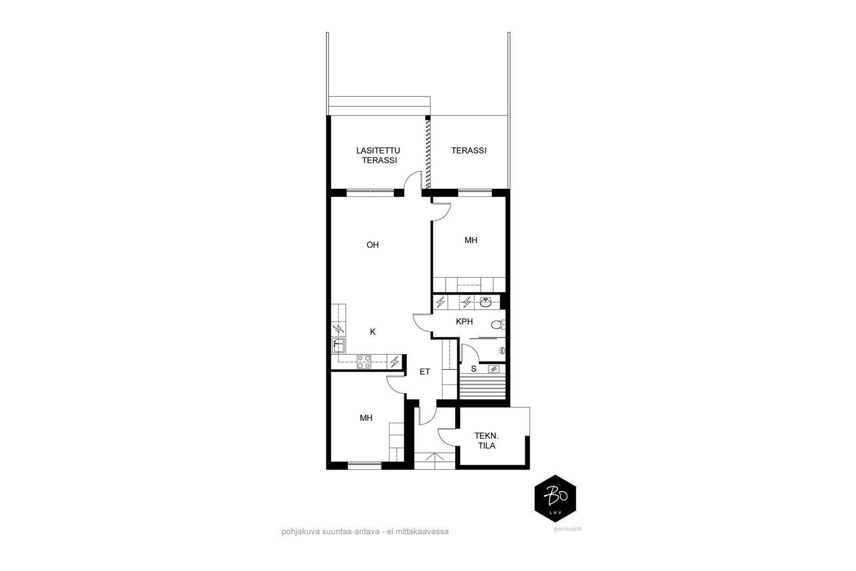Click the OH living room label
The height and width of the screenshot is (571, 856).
372,245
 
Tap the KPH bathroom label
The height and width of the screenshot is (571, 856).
464,322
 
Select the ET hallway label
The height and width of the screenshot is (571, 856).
425,372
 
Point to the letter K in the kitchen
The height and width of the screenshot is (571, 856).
372,332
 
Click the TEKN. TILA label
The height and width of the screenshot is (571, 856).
486,440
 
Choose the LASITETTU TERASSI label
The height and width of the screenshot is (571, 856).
378,156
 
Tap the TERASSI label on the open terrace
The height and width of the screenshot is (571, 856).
469,150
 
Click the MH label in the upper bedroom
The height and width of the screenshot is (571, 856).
471,240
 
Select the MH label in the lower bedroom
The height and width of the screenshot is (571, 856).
366,418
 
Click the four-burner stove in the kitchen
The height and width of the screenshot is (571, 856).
364,362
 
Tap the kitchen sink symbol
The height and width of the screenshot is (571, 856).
338,346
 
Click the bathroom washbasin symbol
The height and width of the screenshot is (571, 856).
486,302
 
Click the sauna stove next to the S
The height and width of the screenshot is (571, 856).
494,369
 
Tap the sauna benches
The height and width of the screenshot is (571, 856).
483,386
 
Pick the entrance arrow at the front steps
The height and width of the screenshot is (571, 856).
435,456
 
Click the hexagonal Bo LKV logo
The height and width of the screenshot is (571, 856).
555,498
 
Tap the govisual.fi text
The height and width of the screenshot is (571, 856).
567,529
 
